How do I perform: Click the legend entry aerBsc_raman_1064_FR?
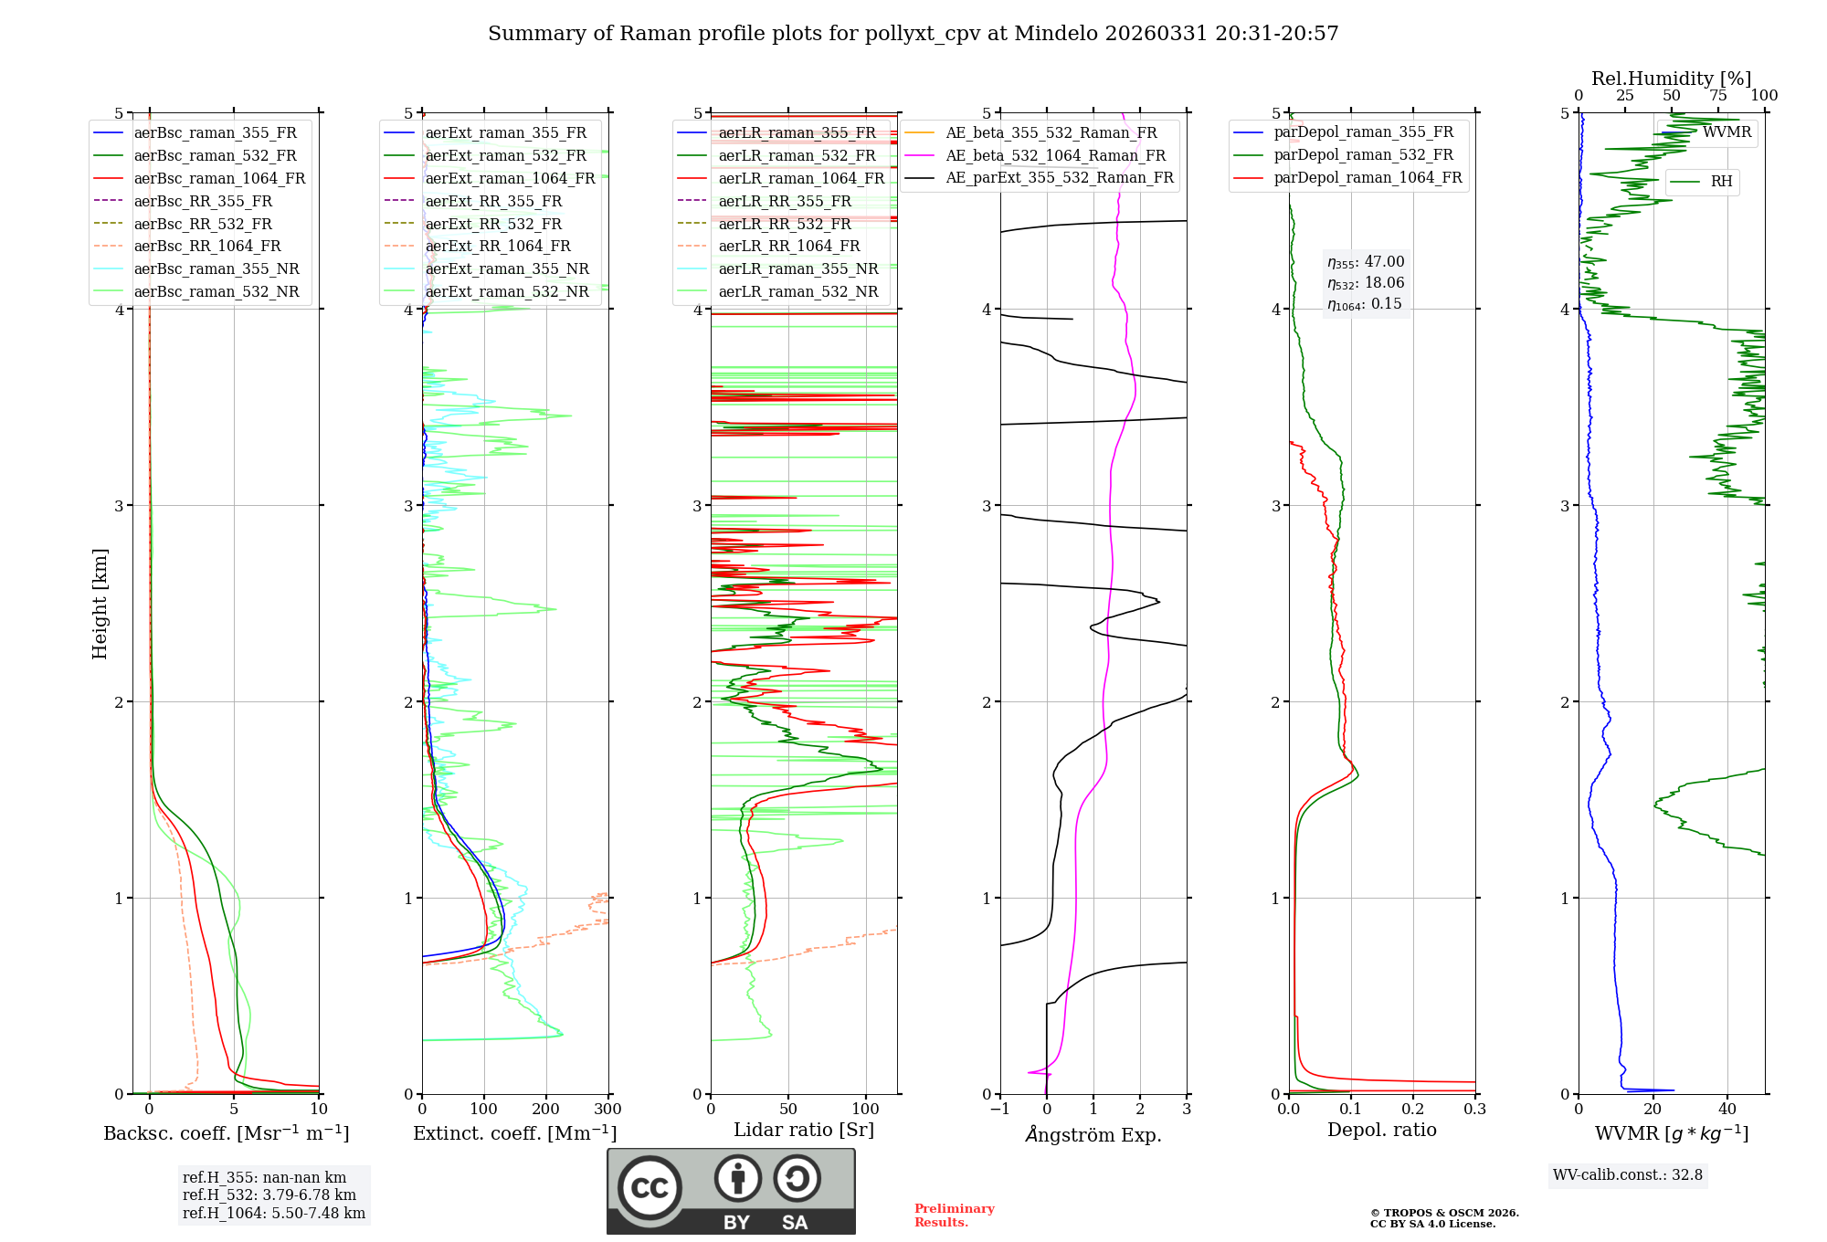tap(219, 178)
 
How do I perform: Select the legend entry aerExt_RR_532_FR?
tap(493, 224)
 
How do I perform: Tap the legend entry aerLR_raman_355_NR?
tap(797, 268)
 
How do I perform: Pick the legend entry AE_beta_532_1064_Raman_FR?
tap(1055, 155)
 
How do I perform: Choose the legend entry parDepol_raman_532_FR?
tap(1363, 154)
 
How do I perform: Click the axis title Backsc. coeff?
tap(226, 1133)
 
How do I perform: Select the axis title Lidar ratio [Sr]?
tap(803, 1130)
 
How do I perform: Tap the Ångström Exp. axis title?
tap(1093, 1135)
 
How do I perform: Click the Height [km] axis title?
tap(100, 604)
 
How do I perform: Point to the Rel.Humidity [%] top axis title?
tap(1671, 79)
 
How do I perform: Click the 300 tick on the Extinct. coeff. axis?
tap(607, 1110)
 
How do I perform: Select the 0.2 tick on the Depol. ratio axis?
tap(1412, 1110)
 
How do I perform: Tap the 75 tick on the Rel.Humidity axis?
tap(1717, 96)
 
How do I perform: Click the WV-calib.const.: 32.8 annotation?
tap(1627, 1175)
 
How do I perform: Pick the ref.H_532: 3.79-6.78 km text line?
tap(269, 1195)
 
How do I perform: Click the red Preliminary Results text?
tap(954, 1216)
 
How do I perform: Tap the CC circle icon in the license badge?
tap(649, 1188)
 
